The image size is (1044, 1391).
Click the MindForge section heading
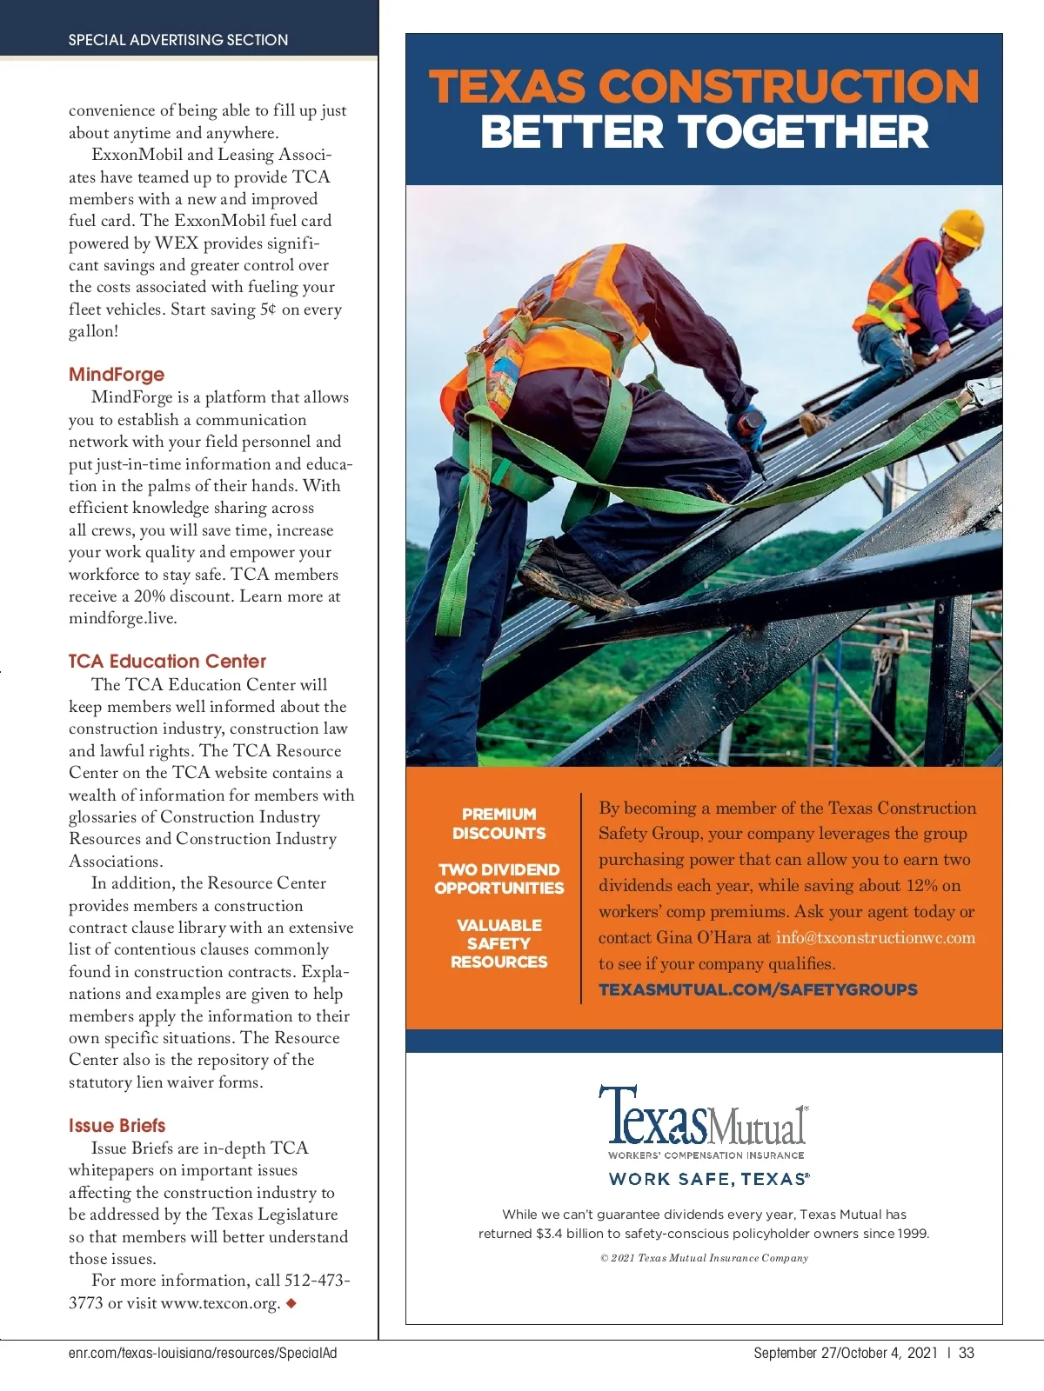117,375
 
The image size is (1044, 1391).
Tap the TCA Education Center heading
167,662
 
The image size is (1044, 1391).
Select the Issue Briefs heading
117,1126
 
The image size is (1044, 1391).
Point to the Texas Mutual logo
703,1116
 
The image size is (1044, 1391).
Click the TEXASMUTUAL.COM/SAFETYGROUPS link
758,990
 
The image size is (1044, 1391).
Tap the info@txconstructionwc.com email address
875,938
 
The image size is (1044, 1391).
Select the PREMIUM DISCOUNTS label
499,824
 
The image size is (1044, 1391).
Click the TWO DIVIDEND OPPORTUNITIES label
499,879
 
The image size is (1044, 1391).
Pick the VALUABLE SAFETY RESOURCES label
499,943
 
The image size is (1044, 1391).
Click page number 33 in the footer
966,1354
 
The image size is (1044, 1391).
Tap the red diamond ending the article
291,1303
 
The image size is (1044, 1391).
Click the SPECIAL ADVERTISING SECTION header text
178,40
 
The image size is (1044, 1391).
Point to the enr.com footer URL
203,1354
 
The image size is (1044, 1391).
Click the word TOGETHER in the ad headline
804,133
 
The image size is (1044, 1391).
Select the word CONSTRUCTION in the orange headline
788,87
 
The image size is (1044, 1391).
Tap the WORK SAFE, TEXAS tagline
709,1180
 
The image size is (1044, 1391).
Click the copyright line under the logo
704,1258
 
